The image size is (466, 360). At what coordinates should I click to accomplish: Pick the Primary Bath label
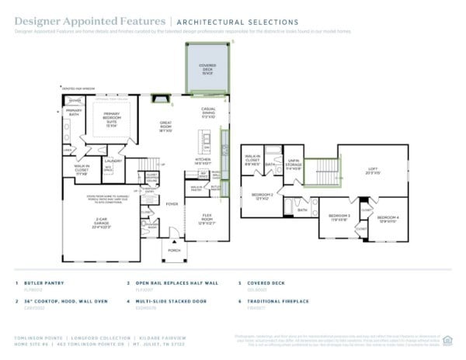(x=74, y=113)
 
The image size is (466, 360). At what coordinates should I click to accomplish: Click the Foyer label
(x=171, y=205)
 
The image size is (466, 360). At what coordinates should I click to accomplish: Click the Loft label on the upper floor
(x=373, y=171)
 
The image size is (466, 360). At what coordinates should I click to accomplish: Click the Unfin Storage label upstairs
(x=293, y=162)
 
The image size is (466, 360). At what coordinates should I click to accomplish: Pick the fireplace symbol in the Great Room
(x=161, y=99)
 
